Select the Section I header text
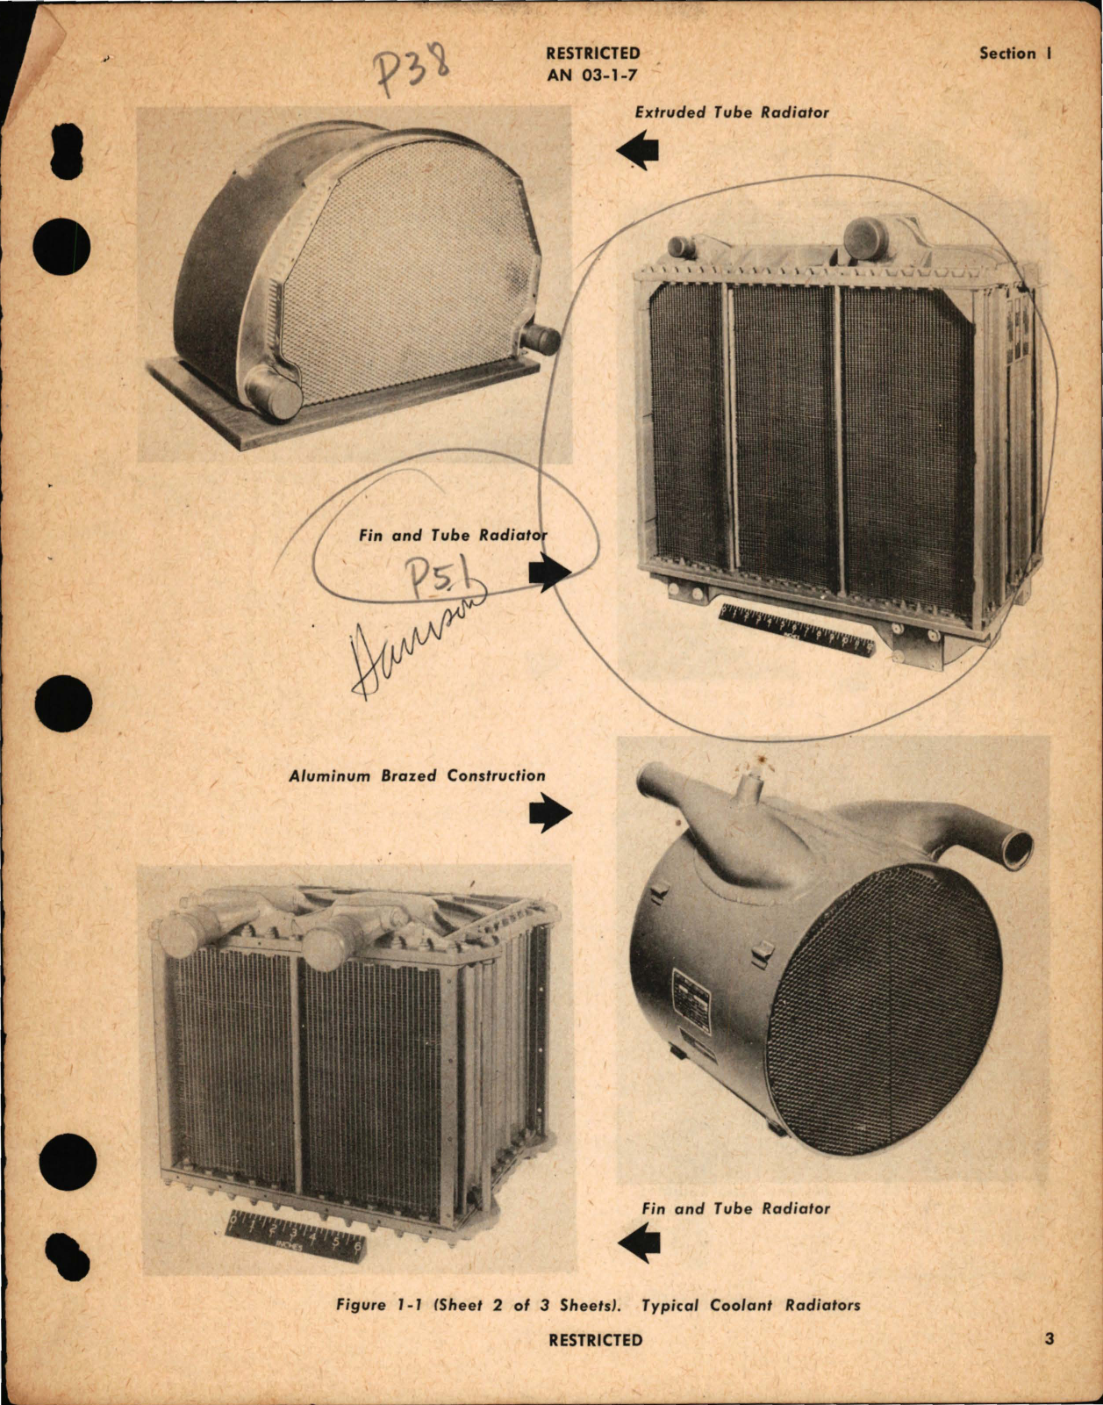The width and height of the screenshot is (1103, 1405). [1015, 54]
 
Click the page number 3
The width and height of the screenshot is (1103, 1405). [1049, 1340]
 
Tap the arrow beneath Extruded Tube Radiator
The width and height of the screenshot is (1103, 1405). [638, 150]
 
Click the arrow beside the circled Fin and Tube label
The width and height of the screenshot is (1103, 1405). [550, 573]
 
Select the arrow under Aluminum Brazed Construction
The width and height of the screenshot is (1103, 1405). [550, 813]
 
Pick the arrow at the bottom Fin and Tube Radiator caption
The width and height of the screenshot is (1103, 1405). [639, 1243]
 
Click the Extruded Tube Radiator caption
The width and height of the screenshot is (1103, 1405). [731, 112]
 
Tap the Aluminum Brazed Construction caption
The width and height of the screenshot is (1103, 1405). [417, 776]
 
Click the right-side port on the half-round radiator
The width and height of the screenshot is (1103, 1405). [541, 338]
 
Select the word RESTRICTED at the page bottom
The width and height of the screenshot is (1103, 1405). [595, 1340]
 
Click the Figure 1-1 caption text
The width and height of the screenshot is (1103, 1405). [598, 1305]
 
